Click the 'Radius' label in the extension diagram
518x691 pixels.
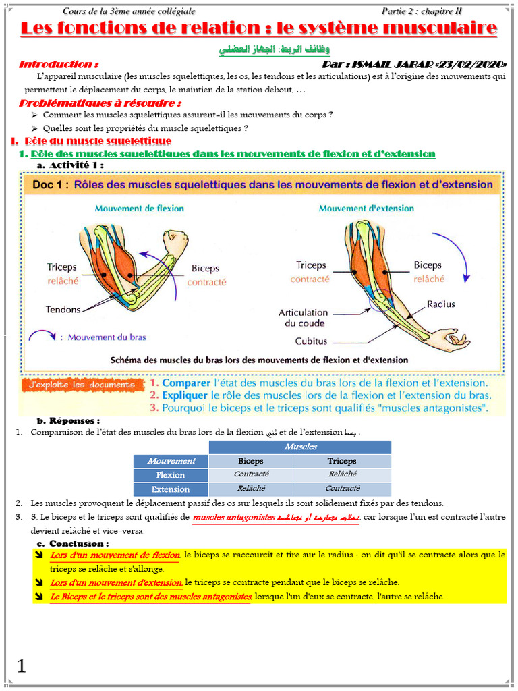pyautogui.click(x=440, y=304)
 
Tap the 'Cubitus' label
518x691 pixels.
pyautogui.click(x=312, y=341)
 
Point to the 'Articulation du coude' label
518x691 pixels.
pyautogui.click(x=304, y=318)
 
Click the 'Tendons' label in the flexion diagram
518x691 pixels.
pyautogui.click(x=63, y=310)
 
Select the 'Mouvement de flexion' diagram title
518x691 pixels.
pyautogui.click(x=139, y=209)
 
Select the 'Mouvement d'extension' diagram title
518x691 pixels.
pyautogui.click(x=366, y=209)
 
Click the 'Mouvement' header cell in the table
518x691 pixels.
pyautogui.click(x=171, y=461)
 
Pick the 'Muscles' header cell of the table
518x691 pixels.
pyautogui.click(x=300, y=447)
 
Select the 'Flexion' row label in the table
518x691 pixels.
pyautogui.click(x=171, y=475)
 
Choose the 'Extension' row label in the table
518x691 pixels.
pyautogui.click(x=171, y=489)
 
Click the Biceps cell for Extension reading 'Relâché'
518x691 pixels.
pyautogui.click(x=250, y=489)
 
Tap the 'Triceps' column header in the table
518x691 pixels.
pyautogui.click(x=341, y=461)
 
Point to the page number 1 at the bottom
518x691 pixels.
pyautogui.click(x=22, y=667)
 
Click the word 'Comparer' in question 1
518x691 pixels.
pyautogui.click(x=185, y=383)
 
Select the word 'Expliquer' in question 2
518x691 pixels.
pyautogui.click(x=185, y=395)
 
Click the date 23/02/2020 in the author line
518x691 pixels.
pyautogui.click(x=471, y=65)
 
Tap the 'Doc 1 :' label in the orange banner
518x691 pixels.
pyautogui.click(x=47, y=184)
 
